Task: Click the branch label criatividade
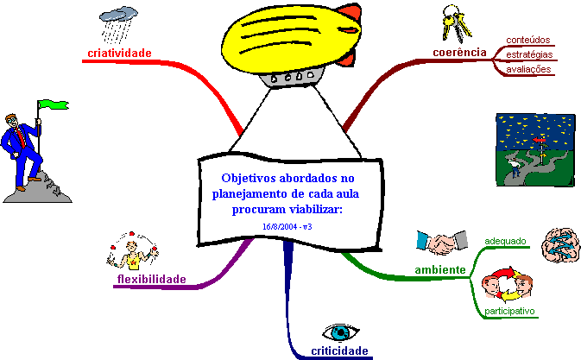[x=119, y=54]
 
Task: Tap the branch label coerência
[x=459, y=53]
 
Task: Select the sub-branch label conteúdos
[x=528, y=40]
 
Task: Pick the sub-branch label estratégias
[x=529, y=54]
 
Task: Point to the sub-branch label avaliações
[x=528, y=69]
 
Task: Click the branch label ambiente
[x=440, y=270]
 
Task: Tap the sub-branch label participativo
[x=510, y=310]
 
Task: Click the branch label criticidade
[x=339, y=351]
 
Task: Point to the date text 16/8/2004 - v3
[x=287, y=225]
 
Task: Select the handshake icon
[x=435, y=243]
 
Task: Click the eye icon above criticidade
[x=339, y=332]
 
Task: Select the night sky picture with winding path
[x=535, y=149]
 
